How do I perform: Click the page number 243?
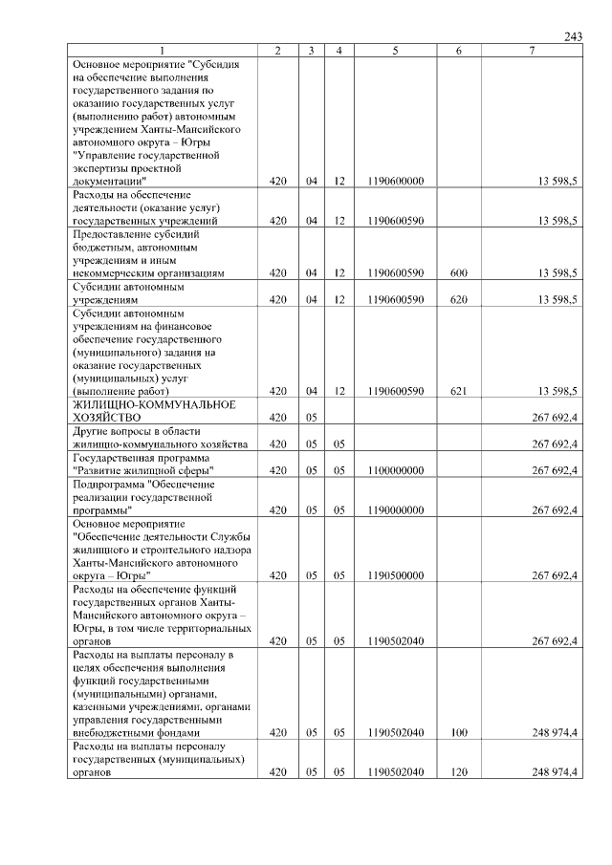(x=573, y=36)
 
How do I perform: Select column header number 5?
(x=395, y=50)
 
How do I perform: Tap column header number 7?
(x=531, y=50)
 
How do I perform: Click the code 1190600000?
(x=395, y=180)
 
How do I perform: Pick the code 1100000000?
(x=395, y=470)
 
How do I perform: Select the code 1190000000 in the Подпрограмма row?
(x=395, y=510)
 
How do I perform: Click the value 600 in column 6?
(x=458, y=272)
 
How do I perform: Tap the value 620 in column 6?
(x=458, y=299)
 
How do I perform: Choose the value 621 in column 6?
(x=458, y=391)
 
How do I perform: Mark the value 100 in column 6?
(x=458, y=732)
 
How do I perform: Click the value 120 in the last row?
(x=458, y=771)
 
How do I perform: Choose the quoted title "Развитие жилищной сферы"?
(x=142, y=470)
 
